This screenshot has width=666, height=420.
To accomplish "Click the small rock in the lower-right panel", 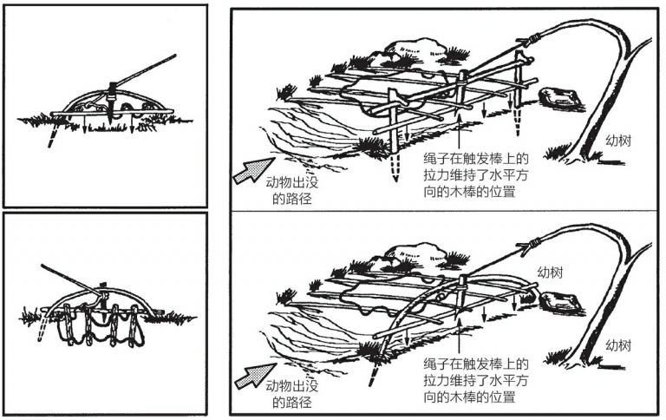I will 558,300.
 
